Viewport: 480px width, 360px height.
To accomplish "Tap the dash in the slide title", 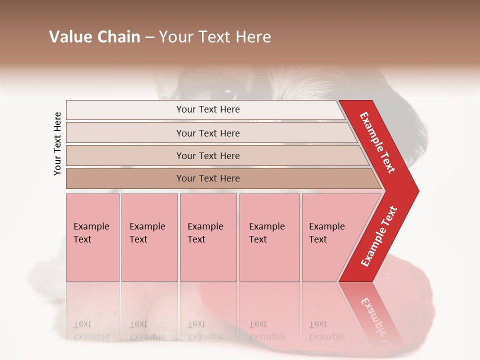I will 149,37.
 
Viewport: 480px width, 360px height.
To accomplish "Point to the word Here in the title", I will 252,37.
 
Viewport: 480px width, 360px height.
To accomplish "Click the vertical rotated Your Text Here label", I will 58,143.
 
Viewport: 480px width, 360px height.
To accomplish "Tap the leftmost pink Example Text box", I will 92,237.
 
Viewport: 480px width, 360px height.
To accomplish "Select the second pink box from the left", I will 149,237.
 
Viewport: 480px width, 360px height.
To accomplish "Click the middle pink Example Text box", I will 208,237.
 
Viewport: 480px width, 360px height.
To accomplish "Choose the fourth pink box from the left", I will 269,237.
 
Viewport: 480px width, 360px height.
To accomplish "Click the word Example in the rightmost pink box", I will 326,226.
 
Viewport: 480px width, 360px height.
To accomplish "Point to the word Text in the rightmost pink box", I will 318,239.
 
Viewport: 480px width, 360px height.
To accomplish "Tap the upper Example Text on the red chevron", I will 377,142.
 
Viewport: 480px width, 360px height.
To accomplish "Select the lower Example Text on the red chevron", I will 379,236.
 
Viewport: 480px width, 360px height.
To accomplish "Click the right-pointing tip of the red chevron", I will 417,190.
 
